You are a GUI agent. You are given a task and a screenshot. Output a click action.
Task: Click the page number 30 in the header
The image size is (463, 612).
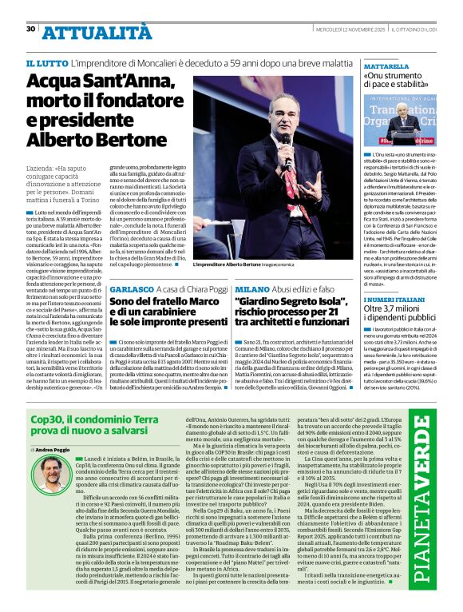[30, 29]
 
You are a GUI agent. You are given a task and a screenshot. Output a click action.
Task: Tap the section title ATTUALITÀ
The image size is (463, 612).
[96, 31]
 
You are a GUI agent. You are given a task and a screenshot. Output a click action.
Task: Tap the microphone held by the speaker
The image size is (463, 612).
[286, 142]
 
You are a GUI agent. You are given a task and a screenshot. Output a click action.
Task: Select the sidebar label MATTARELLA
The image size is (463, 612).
[386, 67]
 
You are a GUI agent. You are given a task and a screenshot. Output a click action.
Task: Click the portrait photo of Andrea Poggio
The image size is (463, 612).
[49, 475]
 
